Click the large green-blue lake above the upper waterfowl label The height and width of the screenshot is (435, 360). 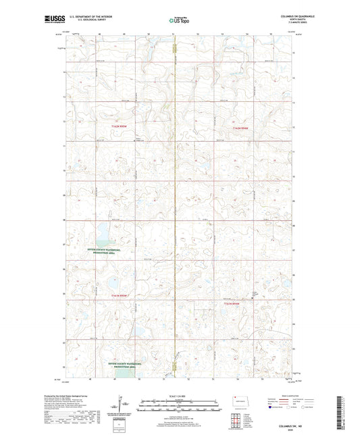click(x=103, y=236)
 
